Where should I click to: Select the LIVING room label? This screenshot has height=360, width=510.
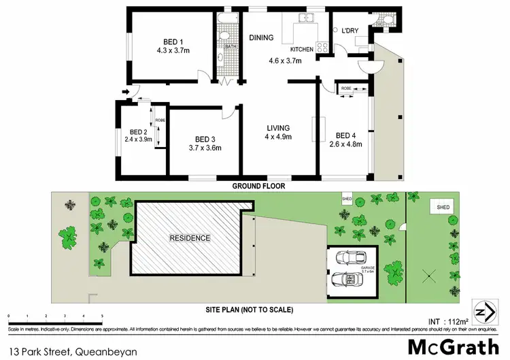[x=278, y=127]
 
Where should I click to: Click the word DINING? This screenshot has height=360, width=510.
[x=261, y=38]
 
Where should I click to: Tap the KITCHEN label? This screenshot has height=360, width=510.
[x=301, y=50]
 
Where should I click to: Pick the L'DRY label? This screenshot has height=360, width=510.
[x=350, y=31]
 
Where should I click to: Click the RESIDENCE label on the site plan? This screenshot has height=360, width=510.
[x=190, y=238]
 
